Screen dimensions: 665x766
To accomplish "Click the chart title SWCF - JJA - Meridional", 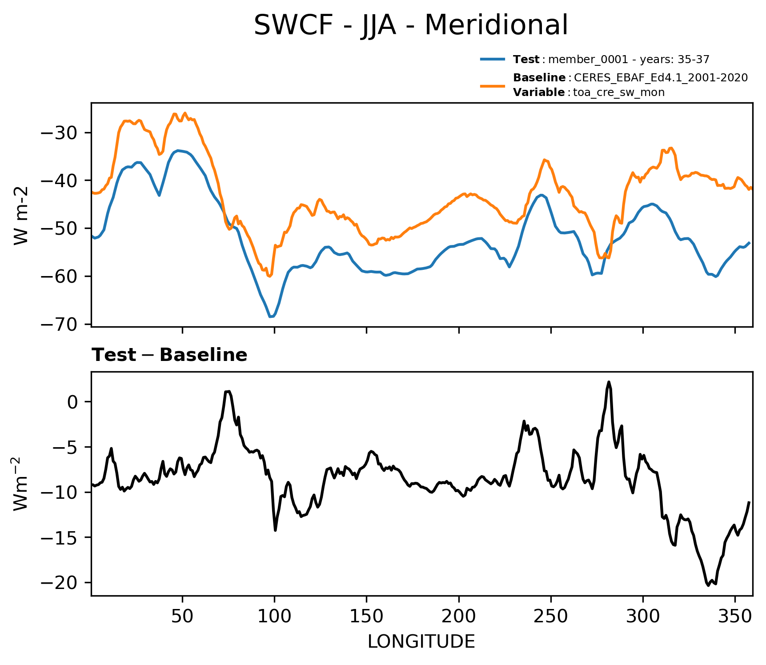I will (411, 25).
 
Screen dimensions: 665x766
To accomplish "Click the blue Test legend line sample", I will (493, 59).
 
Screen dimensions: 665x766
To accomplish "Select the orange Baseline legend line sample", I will (493, 85).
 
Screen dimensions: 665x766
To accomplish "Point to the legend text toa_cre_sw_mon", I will (619, 92).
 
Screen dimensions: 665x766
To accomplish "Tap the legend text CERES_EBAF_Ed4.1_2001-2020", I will (661, 78).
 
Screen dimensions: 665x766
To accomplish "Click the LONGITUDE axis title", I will (421, 641).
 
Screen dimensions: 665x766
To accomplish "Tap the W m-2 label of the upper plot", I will (21, 215).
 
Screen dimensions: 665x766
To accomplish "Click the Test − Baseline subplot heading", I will (169, 355).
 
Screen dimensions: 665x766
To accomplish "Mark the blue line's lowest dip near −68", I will (271, 316).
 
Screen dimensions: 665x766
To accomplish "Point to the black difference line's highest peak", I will (609, 382).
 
